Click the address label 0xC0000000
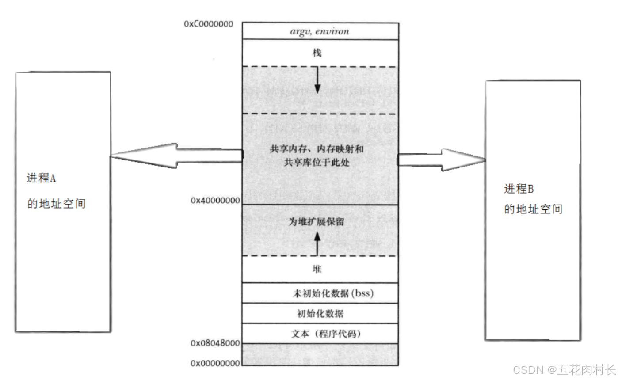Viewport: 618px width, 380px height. pyautogui.click(x=209, y=23)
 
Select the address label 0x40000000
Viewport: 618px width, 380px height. pyautogui.click(x=215, y=201)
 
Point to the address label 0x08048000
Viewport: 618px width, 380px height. pyautogui.click(x=215, y=343)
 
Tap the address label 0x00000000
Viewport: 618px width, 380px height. pyautogui.click(x=215, y=363)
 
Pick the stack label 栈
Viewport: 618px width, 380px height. pyautogui.click(x=317, y=53)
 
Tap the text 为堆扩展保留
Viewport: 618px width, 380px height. pyautogui.click(x=316, y=222)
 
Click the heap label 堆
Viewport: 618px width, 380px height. pyautogui.click(x=317, y=269)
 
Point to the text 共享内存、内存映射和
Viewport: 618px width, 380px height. pyautogui.click(x=317, y=149)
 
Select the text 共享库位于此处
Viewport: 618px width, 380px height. pyautogui.click(x=317, y=163)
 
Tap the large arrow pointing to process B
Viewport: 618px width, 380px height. pyautogui.click(x=442, y=160)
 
